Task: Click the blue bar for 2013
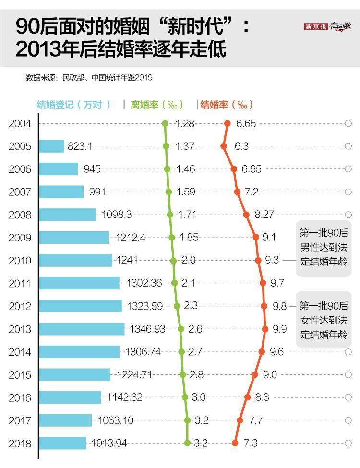coord(82,329)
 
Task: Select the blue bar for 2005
coord(51,146)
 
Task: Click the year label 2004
coord(20,123)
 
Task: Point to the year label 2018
coord(20,443)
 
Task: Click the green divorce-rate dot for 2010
coord(173,260)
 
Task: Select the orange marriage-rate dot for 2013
coord(265,329)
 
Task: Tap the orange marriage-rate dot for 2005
coord(224,146)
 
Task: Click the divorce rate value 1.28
coord(185,123)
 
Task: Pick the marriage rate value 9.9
coord(280,329)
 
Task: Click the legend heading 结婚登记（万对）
coord(74,105)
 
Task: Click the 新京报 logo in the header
coord(315,27)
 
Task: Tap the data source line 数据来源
coord(89,77)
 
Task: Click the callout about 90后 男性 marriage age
coord(324,248)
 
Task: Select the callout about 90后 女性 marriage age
coord(324,320)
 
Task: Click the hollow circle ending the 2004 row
coord(348,123)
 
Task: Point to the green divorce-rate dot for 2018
coord(187,443)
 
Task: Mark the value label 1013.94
coord(109,443)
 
